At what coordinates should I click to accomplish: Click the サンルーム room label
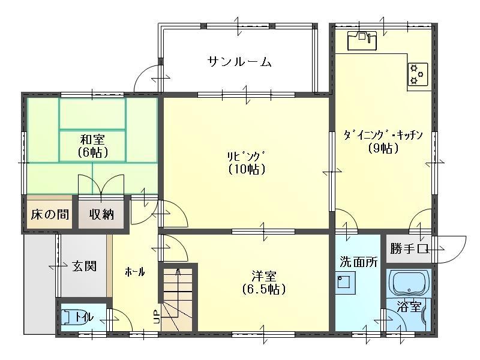pos(240,61)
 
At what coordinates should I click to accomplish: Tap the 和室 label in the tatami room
pos(92,139)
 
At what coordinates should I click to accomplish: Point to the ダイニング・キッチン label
pos(384,135)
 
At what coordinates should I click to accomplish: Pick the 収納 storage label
pos(102,214)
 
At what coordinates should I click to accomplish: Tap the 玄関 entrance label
pos(85,265)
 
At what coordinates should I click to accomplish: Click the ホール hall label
pos(134,272)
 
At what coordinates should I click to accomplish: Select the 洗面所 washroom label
pos(359,262)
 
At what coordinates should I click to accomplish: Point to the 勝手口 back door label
pos(408,248)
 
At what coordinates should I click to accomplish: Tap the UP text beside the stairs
pos(157,317)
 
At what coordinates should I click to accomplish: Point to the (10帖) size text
pos(247,169)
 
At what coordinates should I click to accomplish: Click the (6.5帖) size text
pos(264,289)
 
